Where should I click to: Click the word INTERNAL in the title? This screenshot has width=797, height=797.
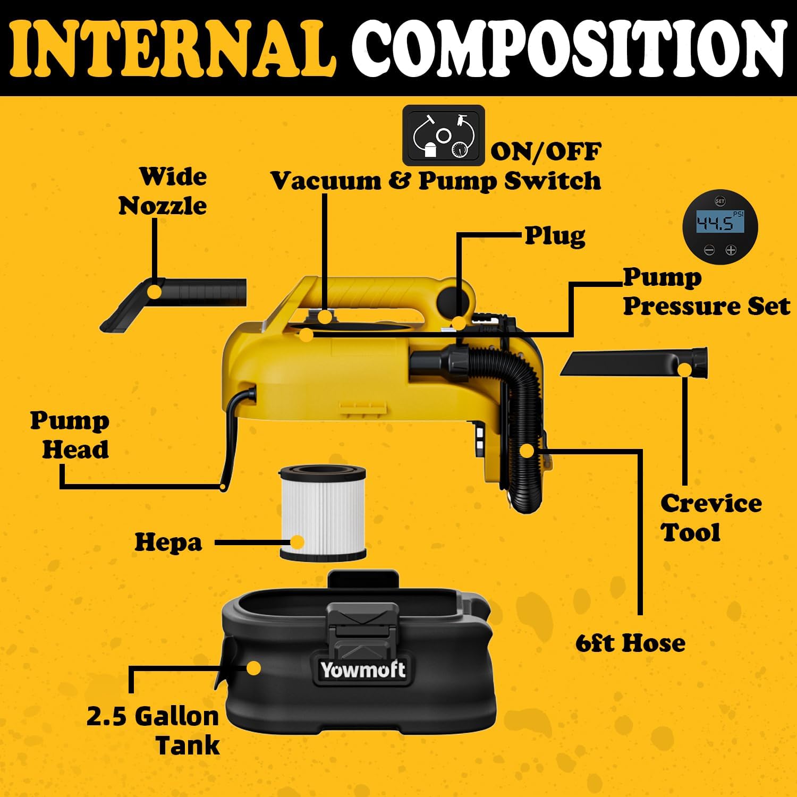point(173,49)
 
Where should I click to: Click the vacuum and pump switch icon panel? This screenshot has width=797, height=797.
point(443,135)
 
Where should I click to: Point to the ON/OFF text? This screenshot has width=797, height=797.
point(546,152)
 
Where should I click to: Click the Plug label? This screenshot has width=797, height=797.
point(555,235)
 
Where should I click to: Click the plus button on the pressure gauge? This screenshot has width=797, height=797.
point(731,250)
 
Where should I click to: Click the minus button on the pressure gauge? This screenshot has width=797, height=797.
point(709,250)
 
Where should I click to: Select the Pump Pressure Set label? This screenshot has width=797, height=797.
point(706,292)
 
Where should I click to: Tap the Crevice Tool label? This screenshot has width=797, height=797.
point(710,518)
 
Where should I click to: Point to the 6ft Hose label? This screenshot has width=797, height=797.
point(630,643)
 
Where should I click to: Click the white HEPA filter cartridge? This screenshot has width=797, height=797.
point(323,513)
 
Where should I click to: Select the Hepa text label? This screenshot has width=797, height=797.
point(168,542)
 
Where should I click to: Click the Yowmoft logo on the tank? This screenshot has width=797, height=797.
point(362,670)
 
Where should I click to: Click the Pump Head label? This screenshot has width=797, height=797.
point(70,435)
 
